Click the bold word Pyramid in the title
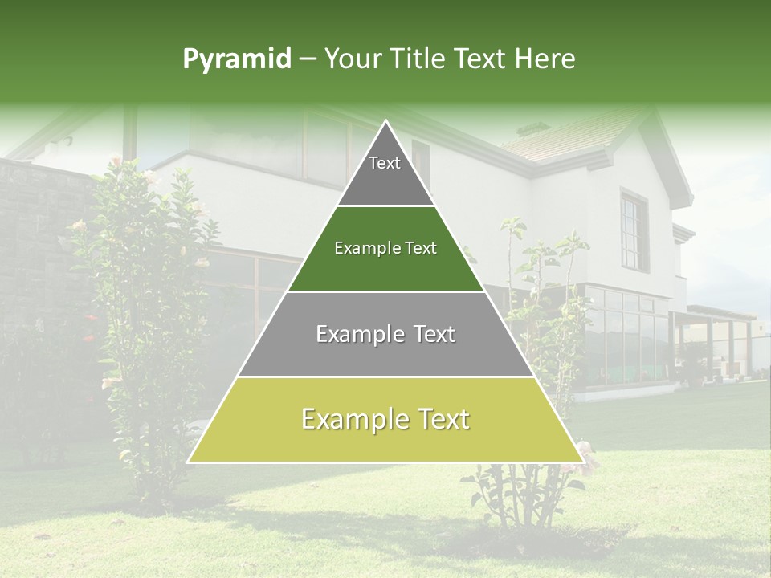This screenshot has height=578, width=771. (237, 59)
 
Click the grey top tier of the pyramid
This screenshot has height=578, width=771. (385, 173)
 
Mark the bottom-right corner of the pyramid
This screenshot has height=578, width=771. (581, 462)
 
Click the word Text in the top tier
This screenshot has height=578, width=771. (385, 163)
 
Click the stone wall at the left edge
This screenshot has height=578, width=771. (36, 241)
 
